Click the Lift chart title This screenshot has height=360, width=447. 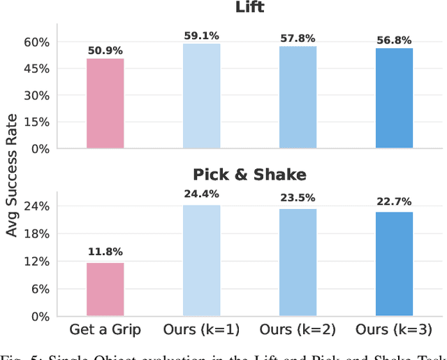coord(249,8)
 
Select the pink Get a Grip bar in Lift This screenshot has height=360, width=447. coord(105,103)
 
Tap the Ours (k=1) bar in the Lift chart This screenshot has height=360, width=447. coord(201,96)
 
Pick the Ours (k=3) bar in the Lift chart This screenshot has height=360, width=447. coord(394,98)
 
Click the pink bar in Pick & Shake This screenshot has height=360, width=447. coord(105,289)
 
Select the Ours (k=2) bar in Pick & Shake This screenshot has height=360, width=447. coord(298,262)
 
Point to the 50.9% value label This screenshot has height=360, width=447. coord(105,50)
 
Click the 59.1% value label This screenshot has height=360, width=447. coord(201,36)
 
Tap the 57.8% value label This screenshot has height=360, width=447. coord(298,38)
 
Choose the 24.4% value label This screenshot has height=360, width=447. coord(201,196)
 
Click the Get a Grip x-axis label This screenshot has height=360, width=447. coord(105,329)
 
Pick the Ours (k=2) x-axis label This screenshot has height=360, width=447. coord(298,329)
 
